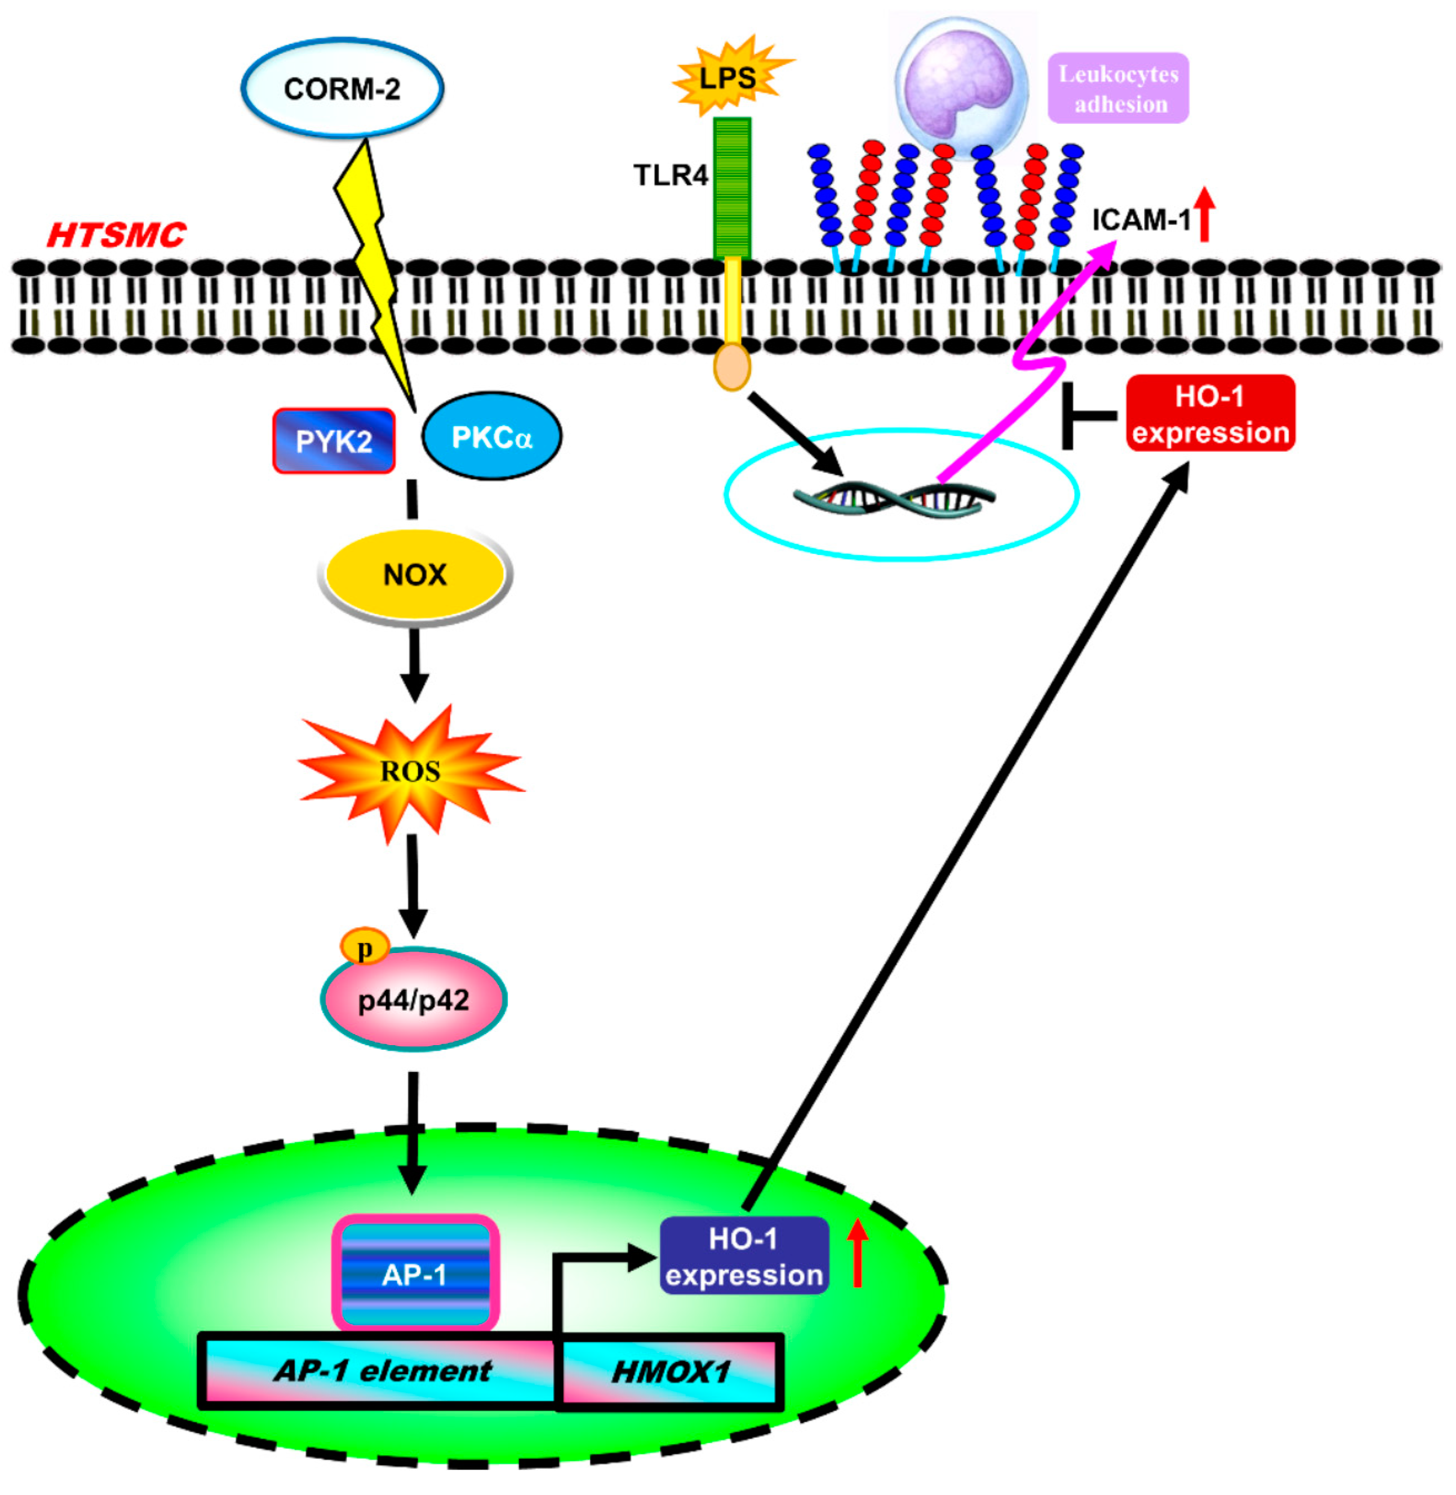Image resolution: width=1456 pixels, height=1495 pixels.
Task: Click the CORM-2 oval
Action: pos(342,89)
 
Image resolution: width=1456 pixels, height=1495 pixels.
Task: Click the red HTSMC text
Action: pos(116,235)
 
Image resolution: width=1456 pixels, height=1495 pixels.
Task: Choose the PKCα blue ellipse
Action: pos(491,437)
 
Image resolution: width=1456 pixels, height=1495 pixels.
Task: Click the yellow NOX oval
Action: pos(414,574)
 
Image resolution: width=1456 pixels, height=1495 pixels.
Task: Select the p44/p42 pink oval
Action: pos(413,1000)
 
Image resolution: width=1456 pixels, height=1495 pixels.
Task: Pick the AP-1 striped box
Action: pos(414,1273)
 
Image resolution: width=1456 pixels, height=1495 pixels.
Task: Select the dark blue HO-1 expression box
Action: pos(744,1256)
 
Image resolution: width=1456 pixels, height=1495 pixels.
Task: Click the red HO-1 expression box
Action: pos(1210,414)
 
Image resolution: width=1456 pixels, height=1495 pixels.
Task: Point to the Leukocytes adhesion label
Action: pos(1118,89)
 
